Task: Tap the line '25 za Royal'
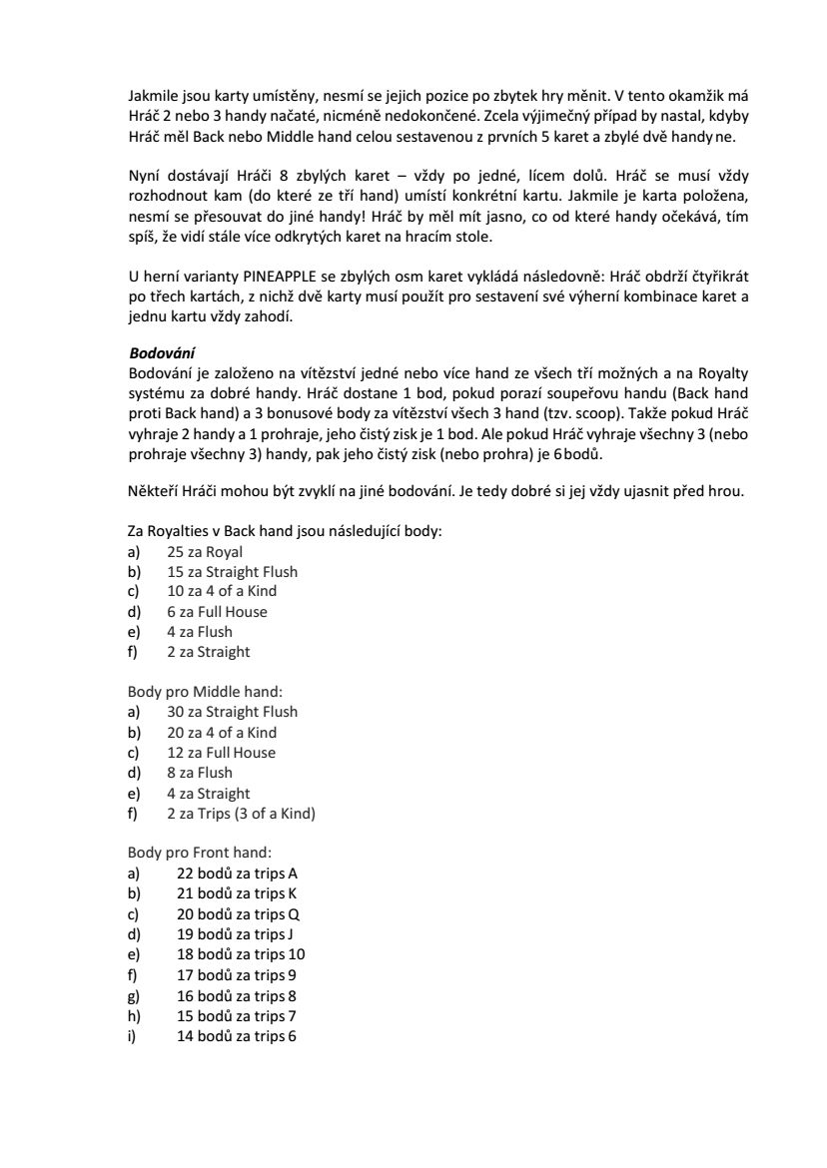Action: click(205, 551)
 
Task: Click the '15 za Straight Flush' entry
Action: click(232, 572)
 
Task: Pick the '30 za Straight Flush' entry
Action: click(232, 712)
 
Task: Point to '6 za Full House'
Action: click(217, 612)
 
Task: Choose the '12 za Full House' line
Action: click(221, 753)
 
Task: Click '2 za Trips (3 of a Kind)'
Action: click(241, 814)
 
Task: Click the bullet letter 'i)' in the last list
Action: click(132, 1036)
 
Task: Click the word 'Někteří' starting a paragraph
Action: click(152, 491)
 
